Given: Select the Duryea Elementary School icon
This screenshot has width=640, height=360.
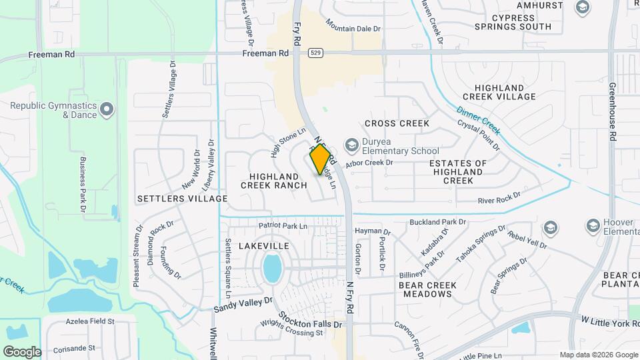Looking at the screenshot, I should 350,145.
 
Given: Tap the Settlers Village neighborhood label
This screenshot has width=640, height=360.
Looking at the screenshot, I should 182,199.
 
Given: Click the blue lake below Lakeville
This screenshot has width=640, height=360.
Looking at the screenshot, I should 272,268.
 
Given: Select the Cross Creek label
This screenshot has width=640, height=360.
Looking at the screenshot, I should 397,123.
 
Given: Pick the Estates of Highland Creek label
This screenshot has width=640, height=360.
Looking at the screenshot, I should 457,171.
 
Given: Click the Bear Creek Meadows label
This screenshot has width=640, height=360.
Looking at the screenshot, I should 427,289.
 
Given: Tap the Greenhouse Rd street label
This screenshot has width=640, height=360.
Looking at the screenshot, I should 611,111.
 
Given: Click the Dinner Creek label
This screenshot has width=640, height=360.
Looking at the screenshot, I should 479,119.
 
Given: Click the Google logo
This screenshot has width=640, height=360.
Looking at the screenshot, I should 22,351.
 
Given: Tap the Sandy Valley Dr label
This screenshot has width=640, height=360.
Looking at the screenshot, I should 243,305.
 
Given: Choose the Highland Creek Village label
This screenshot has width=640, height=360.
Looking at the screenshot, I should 504,92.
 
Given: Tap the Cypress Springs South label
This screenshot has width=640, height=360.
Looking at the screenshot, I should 513,22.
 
